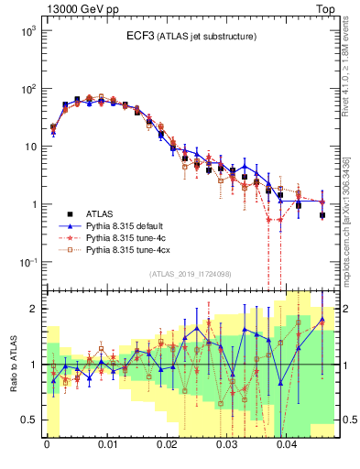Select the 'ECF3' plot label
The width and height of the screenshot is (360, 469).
pos(140,36)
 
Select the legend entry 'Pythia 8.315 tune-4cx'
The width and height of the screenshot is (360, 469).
pos(127,248)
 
